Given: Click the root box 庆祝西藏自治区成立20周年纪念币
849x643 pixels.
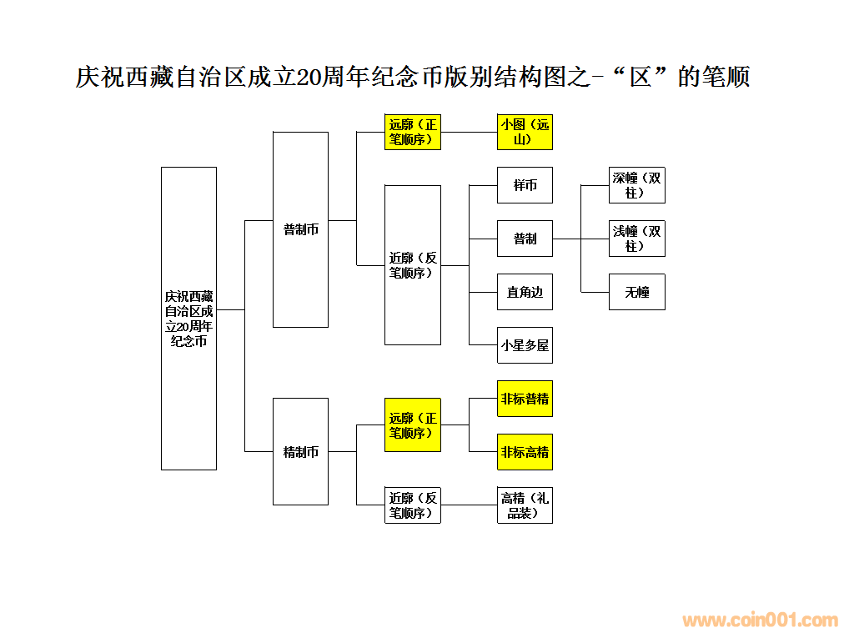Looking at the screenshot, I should (188, 318).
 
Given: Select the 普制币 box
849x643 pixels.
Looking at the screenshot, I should (300, 229).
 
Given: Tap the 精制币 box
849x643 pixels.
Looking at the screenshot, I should (300, 451).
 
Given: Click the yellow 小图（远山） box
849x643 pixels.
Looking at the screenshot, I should (525, 132).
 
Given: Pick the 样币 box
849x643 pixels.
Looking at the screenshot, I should (525, 185).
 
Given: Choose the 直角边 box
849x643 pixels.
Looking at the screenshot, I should (525, 292).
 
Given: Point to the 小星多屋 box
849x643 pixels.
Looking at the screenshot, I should (525, 345).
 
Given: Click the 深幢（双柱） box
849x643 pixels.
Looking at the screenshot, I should (636, 185).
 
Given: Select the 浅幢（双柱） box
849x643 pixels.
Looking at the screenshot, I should (636, 239).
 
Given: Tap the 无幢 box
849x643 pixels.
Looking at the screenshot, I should (636, 292).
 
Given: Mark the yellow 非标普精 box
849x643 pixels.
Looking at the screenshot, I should (525, 399).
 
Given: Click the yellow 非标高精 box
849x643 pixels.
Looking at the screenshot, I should (525, 452).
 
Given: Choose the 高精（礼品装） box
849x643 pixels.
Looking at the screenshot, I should (525, 505).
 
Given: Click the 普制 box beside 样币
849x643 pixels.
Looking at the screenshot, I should (525, 239).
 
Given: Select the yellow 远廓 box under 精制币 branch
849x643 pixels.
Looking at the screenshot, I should (412, 425).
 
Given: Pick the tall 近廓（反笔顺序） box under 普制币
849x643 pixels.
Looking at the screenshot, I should (412, 265).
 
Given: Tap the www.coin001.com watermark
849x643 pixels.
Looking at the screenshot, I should (760, 620).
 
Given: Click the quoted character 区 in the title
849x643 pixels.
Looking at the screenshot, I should (640, 77).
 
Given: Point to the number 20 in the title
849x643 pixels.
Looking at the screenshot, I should (308, 78).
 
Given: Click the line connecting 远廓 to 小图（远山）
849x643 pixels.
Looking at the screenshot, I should (469, 132).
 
